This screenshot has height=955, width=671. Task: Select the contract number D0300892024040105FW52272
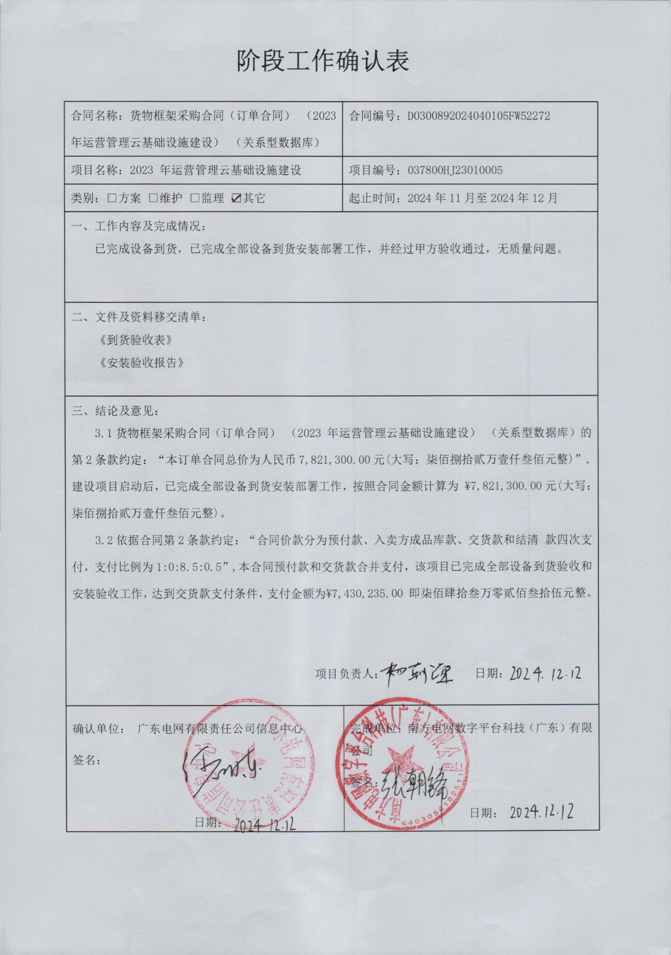(479, 116)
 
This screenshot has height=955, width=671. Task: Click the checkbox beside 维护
(153, 198)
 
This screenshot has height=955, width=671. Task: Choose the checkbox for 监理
(195, 198)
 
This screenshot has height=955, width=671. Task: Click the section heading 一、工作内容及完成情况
(139, 227)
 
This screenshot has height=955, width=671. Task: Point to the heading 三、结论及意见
(116, 411)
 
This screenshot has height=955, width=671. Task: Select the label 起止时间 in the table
(372, 198)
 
